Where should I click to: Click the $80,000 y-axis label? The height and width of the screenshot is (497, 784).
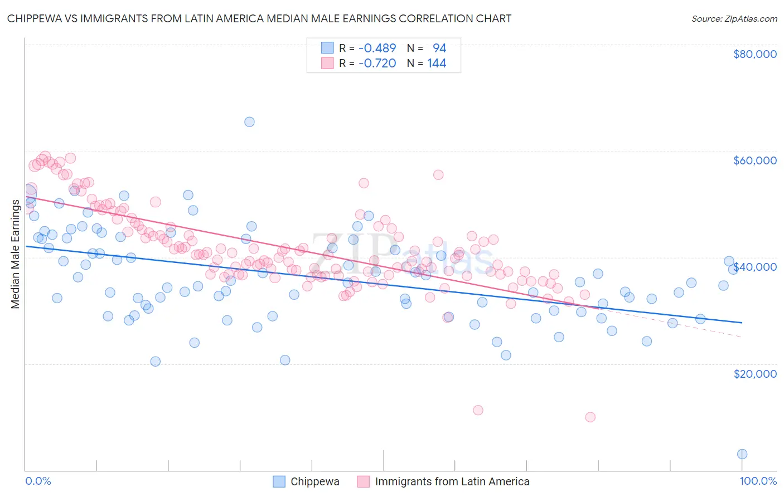coord(755,54)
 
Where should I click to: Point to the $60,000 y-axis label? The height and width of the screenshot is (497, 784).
coord(755,160)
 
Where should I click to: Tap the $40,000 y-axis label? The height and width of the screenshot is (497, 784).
coord(755,267)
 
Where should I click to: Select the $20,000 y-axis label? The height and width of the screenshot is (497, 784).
coord(755,373)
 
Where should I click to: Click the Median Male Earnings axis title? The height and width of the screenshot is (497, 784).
coord(16,254)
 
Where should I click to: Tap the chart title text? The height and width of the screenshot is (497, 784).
coord(259,18)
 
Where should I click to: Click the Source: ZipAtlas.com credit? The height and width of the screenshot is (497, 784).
coord(734,18)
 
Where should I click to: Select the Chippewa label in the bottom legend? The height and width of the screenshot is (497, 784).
coord(315,481)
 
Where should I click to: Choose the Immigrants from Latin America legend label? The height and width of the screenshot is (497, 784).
coord(452,481)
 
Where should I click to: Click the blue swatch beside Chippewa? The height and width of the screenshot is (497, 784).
coord(279,481)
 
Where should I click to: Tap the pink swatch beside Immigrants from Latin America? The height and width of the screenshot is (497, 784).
coord(364,481)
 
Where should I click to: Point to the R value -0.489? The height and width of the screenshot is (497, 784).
coord(378,48)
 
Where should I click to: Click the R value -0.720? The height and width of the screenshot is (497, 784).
coord(378,64)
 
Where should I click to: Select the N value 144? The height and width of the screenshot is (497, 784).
coord(437,64)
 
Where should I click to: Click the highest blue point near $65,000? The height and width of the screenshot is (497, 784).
coord(249,121)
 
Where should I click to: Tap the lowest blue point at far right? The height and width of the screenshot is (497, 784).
coord(742,454)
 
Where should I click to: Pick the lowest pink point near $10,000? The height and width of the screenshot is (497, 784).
coord(590,417)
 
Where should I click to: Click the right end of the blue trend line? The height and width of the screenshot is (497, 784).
coord(742,323)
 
